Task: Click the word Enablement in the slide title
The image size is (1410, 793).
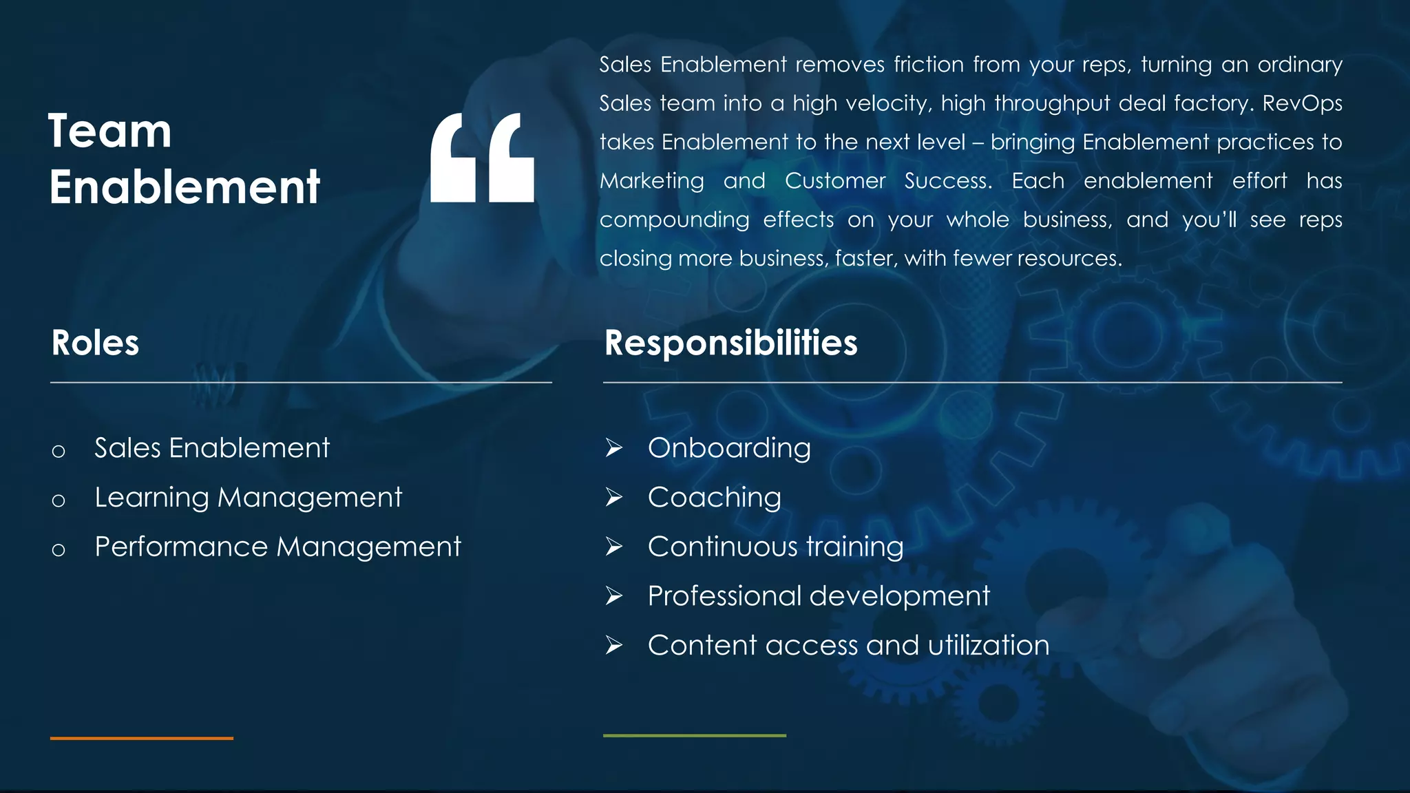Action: pyautogui.click(x=185, y=187)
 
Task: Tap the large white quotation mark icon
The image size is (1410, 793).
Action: pyautogui.click(x=482, y=158)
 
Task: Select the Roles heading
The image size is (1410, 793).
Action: pyautogui.click(x=95, y=343)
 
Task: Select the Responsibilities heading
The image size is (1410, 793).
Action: pyautogui.click(x=730, y=343)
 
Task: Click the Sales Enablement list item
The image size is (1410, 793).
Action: pyautogui.click(x=212, y=448)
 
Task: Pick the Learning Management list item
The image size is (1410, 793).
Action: pyautogui.click(x=248, y=498)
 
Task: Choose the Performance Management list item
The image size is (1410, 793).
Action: pyautogui.click(x=277, y=547)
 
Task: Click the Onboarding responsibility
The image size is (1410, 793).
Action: pyautogui.click(x=729, y=448)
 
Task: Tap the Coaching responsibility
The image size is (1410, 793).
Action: pyautogui.click(x=715, y=498)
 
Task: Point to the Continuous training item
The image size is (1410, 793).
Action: pyautogui.click(x=775, y=547)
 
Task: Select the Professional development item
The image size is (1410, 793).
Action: pyautogui.click(x=819, y=596)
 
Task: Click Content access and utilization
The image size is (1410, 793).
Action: pyautogui.click(x=848, y=646)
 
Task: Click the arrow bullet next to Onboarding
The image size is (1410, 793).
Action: pyautogui.click(x=613, y=448)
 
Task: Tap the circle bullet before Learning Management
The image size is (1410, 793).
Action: pyautogui.click(x=59, y=500)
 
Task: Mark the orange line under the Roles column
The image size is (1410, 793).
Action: pyautogui.click(x=142, y=738)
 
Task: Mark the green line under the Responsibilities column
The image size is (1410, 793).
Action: pyautogui.click(x=694, y=735)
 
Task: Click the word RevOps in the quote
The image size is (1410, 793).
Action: pyautogui.click(x=1302, y=103)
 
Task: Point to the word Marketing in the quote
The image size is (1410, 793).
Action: pyautogui.click(x=651, y=181)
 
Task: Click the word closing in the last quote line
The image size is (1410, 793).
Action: pyautogui.click(x=635, y=259)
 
